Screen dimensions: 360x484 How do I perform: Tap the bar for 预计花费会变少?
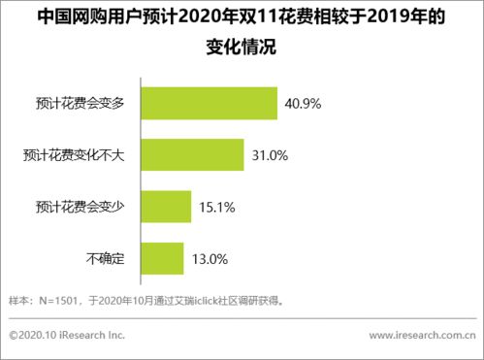click(166, 205)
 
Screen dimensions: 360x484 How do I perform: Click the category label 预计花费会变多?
click(84, 102)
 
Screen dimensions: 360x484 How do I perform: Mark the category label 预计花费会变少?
click(84, 205)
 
